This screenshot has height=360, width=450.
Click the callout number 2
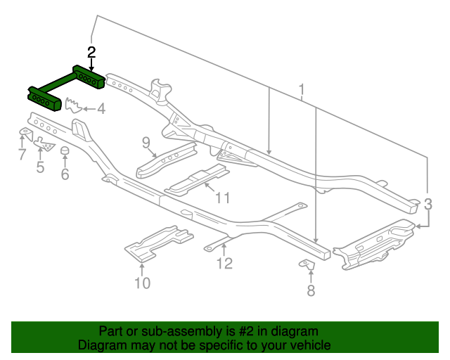point(91,51)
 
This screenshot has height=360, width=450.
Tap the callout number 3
point(427,205)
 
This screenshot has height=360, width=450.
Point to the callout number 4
point(101,109)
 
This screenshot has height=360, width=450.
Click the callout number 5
point(40,167)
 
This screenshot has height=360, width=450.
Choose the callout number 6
point(65,174)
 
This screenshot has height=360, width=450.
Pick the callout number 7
point(21,155)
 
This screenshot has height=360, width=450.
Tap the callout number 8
point(311,290)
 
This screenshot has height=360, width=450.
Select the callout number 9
point(146,143)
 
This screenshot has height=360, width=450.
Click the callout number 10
point(142,283)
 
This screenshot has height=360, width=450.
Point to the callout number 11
point(222,198)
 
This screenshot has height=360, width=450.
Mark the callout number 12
point(224,264)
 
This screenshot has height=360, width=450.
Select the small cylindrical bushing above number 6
point(65,153)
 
